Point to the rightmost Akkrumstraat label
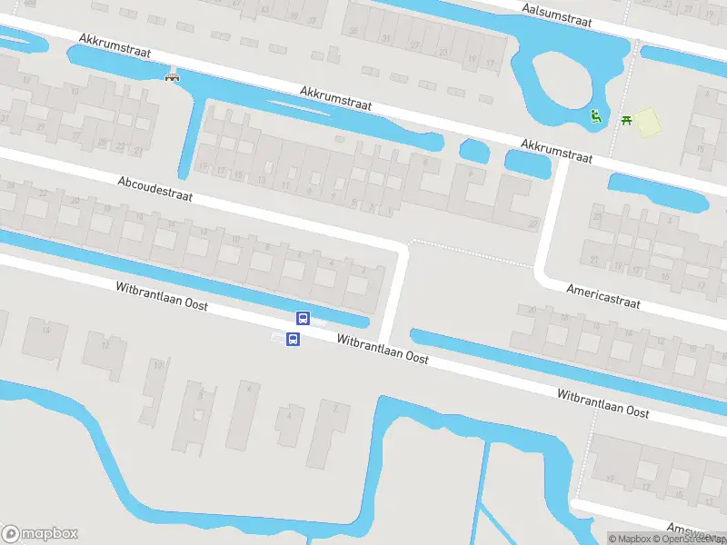(556, 151)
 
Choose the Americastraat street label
(603, 296)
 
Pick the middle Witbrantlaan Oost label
(382, 347)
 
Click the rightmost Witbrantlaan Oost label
(603, 404)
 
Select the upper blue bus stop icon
(303, 318)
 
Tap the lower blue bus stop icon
(293, 340)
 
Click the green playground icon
(595, 115)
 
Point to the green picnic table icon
(626, 119)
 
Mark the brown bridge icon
(170, 77)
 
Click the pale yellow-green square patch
(646, 122)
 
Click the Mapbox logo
(40, 534)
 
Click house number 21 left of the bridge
(137, 151)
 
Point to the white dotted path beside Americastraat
(473, 251)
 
